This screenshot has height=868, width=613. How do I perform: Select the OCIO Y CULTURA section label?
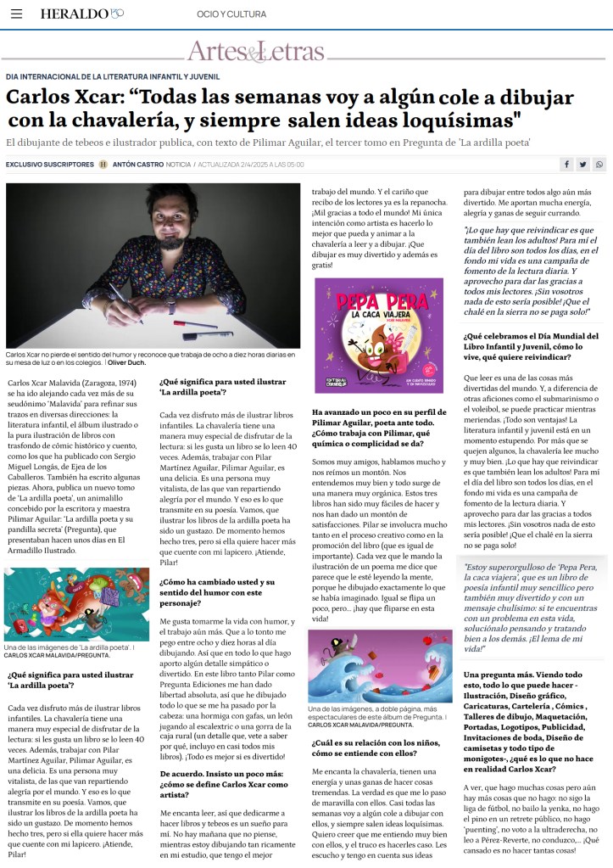click(x=231, y=14)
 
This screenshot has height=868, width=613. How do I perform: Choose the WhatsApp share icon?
click(x=599, y=164)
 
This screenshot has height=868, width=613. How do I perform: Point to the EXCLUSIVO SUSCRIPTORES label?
click(x=49, y=164)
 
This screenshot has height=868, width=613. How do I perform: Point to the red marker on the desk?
click(x=191, y=324)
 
